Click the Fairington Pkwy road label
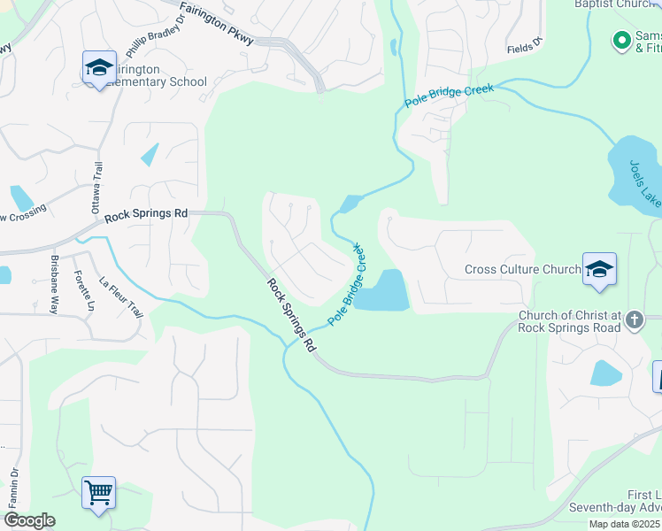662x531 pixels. click(217, 24)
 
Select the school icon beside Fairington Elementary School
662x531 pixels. click(99, 66)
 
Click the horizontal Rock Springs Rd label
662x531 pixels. click(146, 214)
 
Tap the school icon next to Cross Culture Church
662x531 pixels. click(599, 269)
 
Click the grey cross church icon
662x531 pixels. click(634, 319)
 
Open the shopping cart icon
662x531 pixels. click(98, 492)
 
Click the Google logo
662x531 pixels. click(29, 520)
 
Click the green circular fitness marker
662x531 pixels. click(622, 40)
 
